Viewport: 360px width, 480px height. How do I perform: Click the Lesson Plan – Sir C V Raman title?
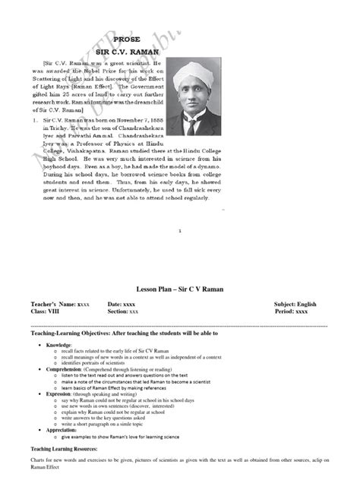pos(179,289)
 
